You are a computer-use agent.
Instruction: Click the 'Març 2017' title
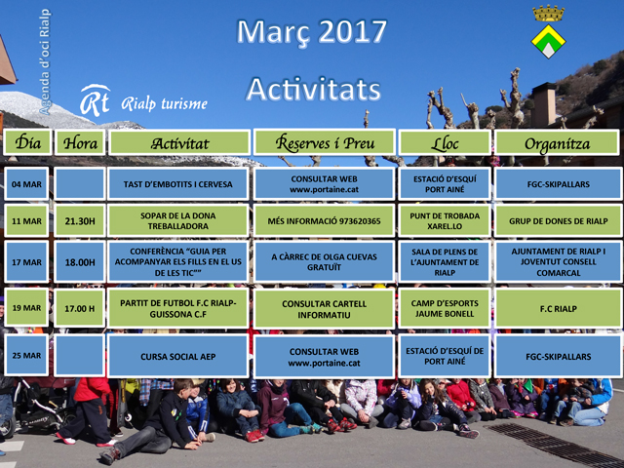[x=312, y=32]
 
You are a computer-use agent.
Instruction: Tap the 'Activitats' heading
[x=314, y=89]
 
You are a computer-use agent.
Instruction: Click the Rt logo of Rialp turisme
[x=95, y=100]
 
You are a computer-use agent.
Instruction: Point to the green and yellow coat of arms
[x=548, y=41]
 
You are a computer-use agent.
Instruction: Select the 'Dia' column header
[x=27, y=142]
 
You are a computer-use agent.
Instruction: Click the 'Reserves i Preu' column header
[x=325, y=142]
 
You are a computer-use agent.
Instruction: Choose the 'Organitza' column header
[x=557, y=142]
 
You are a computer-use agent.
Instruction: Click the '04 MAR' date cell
[x=26, y=184]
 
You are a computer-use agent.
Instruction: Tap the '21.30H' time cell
[x=80, y=221]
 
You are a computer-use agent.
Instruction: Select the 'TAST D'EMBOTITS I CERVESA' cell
[x=177, y=184]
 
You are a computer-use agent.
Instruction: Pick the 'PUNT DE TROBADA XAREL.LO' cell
[x=445, y=221]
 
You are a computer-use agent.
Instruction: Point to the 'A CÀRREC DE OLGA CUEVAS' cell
[x=324, y=262]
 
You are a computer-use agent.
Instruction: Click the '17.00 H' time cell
[x=80, y=308]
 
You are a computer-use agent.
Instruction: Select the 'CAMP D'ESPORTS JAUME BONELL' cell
[x=445, y=308]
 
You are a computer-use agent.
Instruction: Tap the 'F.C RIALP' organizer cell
[x=558, y=308]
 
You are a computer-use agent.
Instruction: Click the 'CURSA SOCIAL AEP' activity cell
[x=177, y=356]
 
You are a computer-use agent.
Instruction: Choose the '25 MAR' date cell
[x=26, y=355]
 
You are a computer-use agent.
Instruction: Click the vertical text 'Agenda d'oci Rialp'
[x=45, y=61]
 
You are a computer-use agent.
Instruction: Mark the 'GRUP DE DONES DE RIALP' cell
[x=558, y=221]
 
